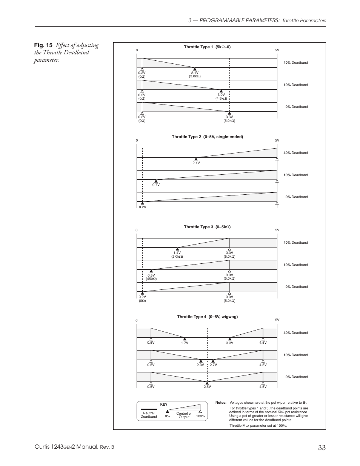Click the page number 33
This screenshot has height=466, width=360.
pos(322,448)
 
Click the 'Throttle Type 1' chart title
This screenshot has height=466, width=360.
pos(207,47)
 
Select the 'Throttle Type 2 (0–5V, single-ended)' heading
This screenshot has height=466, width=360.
pos(207,137)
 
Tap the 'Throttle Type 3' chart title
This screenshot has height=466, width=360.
pos(207,227)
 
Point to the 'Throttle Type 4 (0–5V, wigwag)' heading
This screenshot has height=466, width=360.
pos(207,317)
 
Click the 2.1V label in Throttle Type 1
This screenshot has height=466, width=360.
pos(195,74)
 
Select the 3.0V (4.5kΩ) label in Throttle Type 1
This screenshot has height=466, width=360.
pos(221,97)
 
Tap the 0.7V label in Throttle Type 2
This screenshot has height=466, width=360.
pos(156,185)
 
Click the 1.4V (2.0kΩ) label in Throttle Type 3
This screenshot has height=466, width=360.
pos(177,255)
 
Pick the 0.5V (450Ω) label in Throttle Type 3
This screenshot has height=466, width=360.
pos(151,277)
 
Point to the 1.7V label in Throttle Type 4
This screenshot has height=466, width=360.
pos(185,343)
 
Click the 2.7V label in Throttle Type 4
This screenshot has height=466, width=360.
pos(213,365)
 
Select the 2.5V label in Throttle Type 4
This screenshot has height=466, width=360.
pos(207,387)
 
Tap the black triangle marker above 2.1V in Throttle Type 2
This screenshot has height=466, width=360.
pos(196,159)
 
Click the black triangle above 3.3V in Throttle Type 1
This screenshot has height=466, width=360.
pos(229,113)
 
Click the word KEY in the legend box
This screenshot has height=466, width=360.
pos(164,404)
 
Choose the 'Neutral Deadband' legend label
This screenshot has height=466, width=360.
pos(149,415)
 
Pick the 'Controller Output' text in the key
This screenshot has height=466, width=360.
pos(184,415)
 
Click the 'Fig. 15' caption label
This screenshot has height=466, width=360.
pos(43,46)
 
